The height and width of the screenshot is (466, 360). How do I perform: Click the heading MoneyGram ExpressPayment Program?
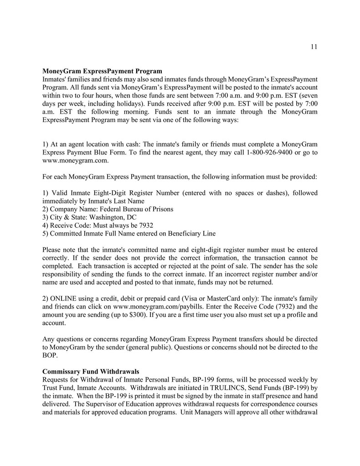coord(102,71)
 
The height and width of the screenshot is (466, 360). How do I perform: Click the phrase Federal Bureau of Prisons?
coord(136,209)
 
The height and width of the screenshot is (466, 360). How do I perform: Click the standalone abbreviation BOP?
coord(49,355)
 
